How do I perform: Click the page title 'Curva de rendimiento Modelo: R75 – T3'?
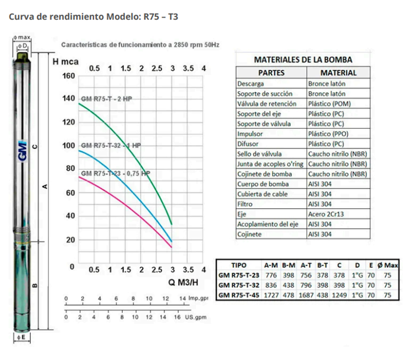pos(93,16)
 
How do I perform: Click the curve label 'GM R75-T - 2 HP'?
pos(107,98)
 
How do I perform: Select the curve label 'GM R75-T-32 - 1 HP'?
pos(111,146)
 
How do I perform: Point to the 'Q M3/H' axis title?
pos(183,283)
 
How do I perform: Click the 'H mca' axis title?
pos(64,62)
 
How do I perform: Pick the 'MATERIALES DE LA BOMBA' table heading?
pos(303,60)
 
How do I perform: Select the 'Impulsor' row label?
pos(250,134)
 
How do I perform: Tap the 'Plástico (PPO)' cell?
pos(329,134)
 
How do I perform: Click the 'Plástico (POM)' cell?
pos(329,104)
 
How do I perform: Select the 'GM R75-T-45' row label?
pos(238,295)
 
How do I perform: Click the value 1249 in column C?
pos(340,295)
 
